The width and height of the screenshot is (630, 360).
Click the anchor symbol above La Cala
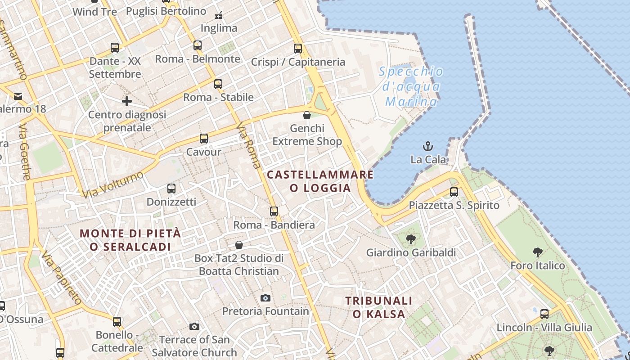pyautogui.click(x=428, y=146)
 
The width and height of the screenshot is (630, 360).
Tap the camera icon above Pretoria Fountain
pyautogui.click(x=265, y=298)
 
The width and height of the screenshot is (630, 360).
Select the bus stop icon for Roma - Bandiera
pyautogui.click(x=274, y=211)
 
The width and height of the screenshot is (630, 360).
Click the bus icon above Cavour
pyautogui.click(x=204, y=138)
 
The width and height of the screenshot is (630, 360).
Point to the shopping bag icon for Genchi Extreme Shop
pyautogui.click(x=307, y=115)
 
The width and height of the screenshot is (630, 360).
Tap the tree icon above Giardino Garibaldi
pyautogui.click(x=410, y=239)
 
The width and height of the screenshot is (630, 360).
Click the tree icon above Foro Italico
pyautogui.click(x=537, y=252)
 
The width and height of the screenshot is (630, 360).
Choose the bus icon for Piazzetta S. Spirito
pyautogui.click(x=454, y=192)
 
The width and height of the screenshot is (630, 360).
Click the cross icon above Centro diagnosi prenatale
pyautogui.click(x=127, y=101)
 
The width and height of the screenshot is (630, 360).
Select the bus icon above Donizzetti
pyautogui.click(x=171, y=188)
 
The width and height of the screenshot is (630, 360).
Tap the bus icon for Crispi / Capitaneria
pyautogui.click(x=298, y=49)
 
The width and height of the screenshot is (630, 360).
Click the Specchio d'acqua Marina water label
pyautogui.click(x=411, y=86)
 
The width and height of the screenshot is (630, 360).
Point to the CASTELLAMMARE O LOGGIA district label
pyautogui.click(x=320, y=181)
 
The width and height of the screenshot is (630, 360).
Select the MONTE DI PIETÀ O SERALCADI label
pyautogui.click(x=130, y=240)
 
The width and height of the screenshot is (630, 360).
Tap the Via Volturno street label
pyautogui.click(x=113, y=184)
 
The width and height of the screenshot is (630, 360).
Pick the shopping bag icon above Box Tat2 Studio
pyautogui.click(x=239, y=245)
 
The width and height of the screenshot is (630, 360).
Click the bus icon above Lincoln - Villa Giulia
pyautogui.click(x=544, y=314)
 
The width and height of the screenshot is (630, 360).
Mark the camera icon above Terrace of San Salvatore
pyautogui.click(x=194, y=326)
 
